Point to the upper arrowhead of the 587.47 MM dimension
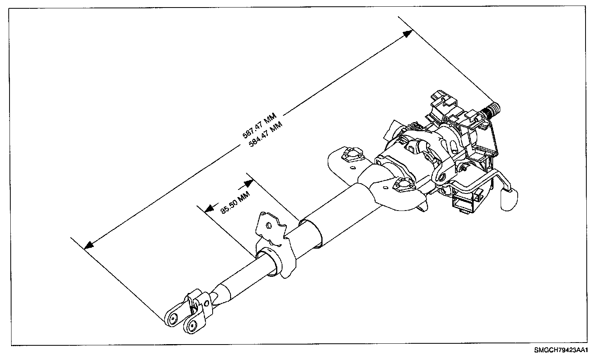(407, 34)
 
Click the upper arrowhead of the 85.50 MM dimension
(249, 183)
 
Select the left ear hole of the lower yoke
(173, 318)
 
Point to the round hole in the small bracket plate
(268, 226)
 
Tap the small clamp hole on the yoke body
(206, 304)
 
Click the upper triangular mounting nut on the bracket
(350, 155)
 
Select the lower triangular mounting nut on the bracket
(401, 184)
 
